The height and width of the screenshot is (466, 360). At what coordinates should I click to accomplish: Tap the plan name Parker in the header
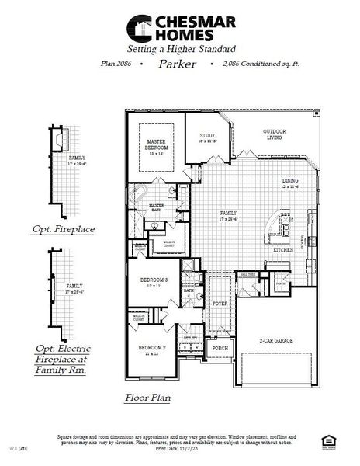(x=178, y=64)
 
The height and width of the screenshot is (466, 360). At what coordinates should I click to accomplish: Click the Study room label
(x=206, y=138)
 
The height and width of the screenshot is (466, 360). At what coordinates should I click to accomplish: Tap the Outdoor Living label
(x=274, y=134)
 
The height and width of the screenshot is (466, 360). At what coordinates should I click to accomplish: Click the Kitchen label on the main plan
(x=282, y=250)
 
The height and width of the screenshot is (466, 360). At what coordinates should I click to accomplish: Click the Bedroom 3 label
(x=154, y=282)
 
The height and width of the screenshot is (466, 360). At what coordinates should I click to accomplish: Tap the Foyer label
(x=220, y=304)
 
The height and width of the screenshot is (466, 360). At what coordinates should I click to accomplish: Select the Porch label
(x=220, y=349)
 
